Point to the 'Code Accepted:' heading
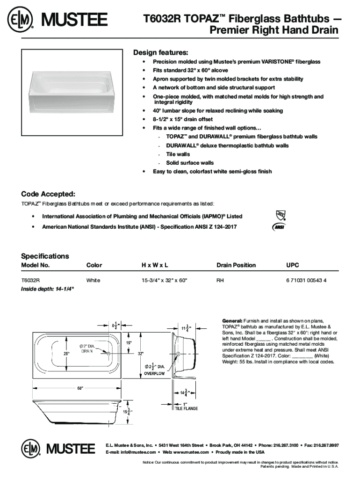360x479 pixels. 48,194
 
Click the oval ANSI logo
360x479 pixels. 279,227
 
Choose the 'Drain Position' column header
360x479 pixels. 236,265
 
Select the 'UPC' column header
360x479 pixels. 292,265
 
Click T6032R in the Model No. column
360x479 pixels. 30,280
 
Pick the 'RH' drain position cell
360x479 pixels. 220,280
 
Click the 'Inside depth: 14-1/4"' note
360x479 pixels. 47,289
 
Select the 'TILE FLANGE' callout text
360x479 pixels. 186,408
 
